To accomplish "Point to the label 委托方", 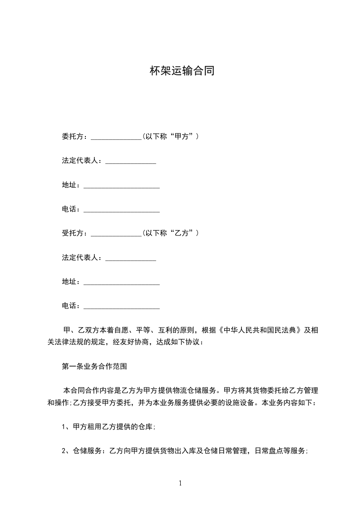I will [73, 136].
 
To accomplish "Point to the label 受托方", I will [73, 233].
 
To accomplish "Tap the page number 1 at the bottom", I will [180, 483].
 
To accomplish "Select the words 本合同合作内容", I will [83, 391].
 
